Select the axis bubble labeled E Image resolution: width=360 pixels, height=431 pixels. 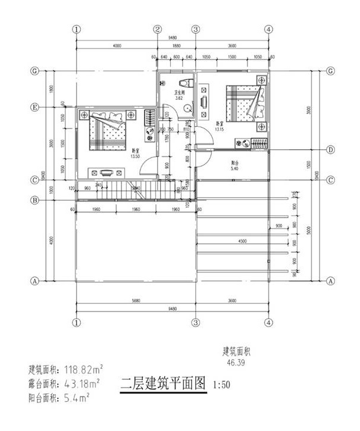click(35, 108)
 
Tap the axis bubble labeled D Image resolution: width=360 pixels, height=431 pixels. click(330, 150)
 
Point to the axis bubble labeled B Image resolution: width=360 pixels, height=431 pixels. click(35, 200)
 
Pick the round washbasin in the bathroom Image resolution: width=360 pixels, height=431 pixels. click(187, 109)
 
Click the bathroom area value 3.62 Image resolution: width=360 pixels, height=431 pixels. click(177, 99)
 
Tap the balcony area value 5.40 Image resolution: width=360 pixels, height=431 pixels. click(234, 168)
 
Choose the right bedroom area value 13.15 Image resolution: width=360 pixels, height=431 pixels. click(219, 129)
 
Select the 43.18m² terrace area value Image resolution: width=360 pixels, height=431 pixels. click(81, 382)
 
